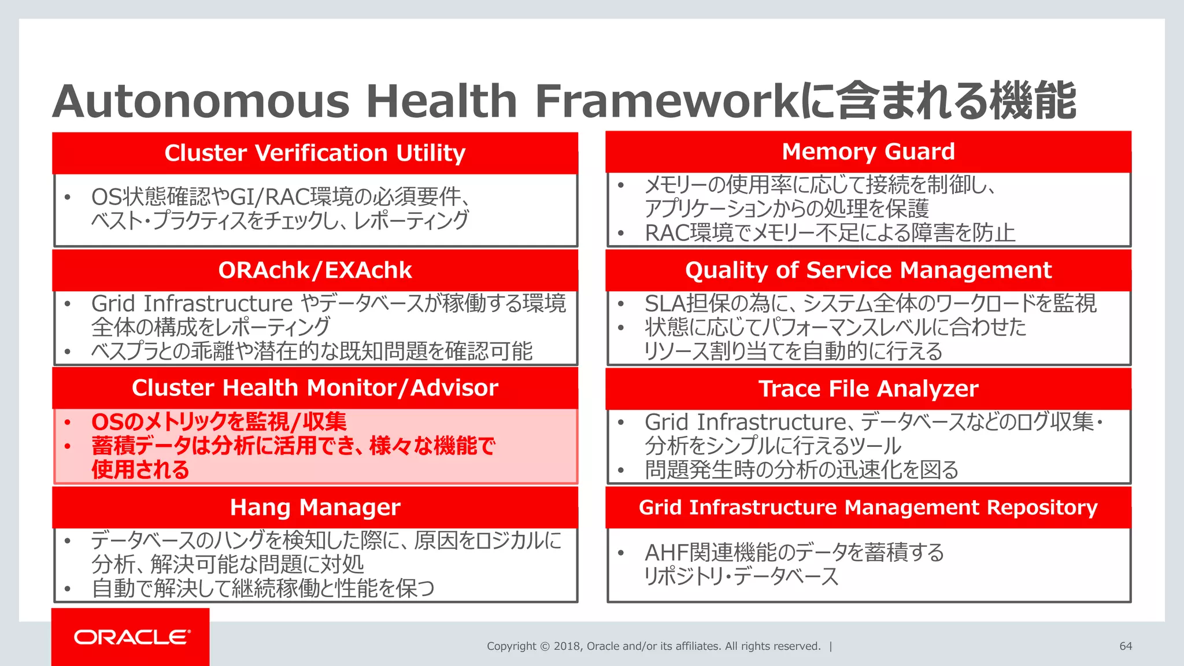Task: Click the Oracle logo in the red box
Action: [x=132, y=637]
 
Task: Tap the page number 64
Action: [x=1126, y=646]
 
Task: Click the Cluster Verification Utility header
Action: [x=314, y=153]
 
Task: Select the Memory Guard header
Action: [x=868, y=151]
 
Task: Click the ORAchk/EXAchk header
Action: [x=314, y=271]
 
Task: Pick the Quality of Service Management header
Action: [x=868, y=271]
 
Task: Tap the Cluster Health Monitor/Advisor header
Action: [x=314, y=388]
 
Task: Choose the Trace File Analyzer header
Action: [x=868, y=388]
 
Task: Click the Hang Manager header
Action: [x=314, y=508]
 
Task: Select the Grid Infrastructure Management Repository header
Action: [x=868, y=508]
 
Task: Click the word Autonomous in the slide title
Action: [x=201, y=101]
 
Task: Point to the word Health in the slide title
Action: [x=441, y=101]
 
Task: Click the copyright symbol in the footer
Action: [x=545, y=646]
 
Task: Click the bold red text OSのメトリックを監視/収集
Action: [x=219, y=422]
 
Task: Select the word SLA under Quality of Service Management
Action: [x=665, y=304]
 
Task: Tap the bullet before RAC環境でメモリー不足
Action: [x=620, y=234]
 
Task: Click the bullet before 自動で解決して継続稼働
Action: [x=68, y=589]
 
